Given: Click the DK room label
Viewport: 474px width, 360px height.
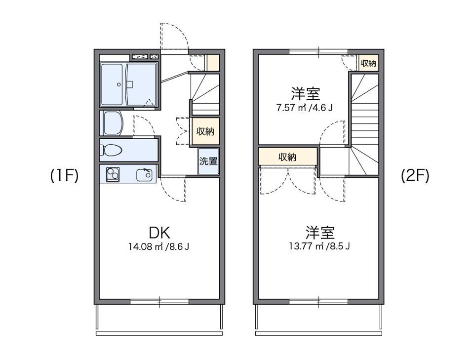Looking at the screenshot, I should (159, 232).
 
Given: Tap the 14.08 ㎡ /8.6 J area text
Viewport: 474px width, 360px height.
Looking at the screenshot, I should (159, 246).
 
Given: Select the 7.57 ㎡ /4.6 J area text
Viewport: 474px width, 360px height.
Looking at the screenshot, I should (305, 107).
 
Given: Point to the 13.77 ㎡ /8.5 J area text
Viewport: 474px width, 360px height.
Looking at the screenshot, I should (320, 245).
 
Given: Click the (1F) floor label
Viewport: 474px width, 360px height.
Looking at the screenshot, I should (64, 176).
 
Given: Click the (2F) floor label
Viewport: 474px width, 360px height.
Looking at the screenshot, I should (415, 176).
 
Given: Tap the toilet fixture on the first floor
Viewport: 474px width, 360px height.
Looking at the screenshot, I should (112, 150).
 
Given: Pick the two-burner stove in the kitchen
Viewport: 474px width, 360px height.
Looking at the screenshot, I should (113, 174).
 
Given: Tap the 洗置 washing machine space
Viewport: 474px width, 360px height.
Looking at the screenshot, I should (208, 161).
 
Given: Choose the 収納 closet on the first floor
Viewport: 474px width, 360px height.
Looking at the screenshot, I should (205, 132).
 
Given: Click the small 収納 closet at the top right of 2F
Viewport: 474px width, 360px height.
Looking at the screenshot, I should (368, 63).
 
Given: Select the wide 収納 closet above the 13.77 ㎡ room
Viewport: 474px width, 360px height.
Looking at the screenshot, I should (287, 157).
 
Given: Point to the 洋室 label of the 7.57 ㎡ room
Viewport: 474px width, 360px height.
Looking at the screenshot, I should (305, 93).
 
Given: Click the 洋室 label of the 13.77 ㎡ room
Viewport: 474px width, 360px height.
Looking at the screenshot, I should (320, 232).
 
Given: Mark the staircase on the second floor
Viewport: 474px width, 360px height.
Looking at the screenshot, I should (364, 123).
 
